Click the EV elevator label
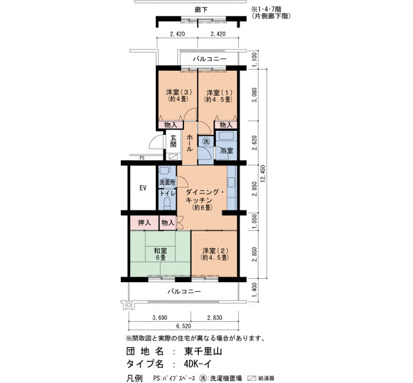click(x=143, y=188)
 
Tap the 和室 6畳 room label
click(x=160, y=253)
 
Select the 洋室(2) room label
click(x=215, y=253)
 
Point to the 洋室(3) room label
click(x=179, y=95)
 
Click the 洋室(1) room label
click(x=219, y=95)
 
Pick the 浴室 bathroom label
click(x=227, y=151)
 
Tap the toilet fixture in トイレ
click(x=167, y=203)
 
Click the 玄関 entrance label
click(x=173, y=141)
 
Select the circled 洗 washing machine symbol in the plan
click(x=206, y=141)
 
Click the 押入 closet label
click(x=145, y=223)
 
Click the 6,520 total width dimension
click(x=183, y=326)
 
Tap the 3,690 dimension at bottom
click(x=160, y=318)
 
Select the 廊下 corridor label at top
click(x=201, y=10)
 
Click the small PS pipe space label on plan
click(x=142, y=159)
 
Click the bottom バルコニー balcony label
click(x=184, y=292)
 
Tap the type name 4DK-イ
click(x=198, y=364)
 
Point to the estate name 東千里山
click(x=203, y=351)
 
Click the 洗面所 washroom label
click(x=167, y=182)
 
